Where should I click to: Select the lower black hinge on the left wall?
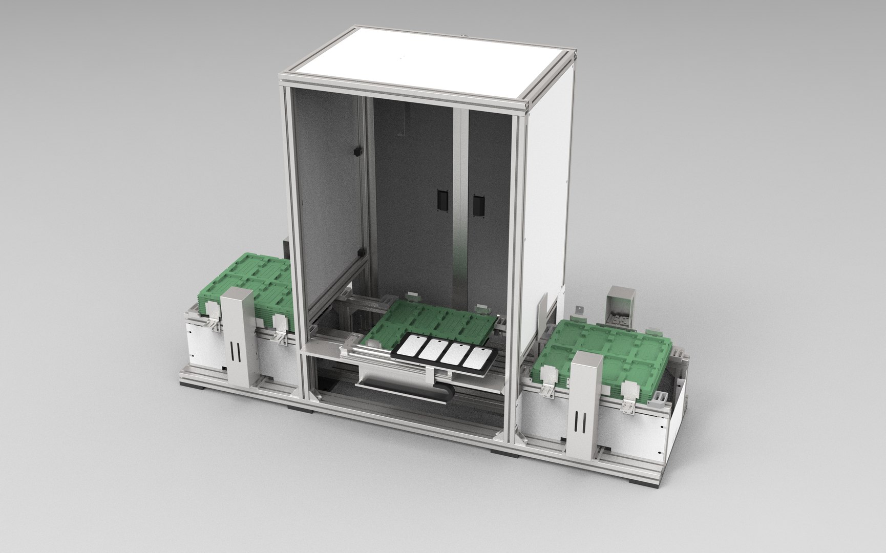[x=359, y=252]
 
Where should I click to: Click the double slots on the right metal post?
[x=580, y=423]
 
